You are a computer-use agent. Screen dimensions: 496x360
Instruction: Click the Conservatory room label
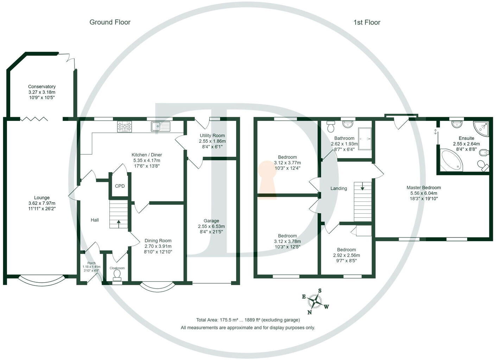(42, 86)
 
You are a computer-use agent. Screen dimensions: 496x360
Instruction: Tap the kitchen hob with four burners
(125, 126)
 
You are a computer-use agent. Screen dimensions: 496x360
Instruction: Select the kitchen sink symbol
(160, 126)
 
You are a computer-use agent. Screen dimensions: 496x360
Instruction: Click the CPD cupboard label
(120, 186)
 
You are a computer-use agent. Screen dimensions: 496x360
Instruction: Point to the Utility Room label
(212, 135)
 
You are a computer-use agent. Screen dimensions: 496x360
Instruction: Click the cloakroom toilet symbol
(117, 276)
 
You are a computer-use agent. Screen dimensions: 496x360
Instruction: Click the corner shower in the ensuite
(481, 127)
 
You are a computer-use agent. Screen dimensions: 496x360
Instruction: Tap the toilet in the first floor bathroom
(330, 126)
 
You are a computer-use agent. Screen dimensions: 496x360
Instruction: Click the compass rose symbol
(315, 301)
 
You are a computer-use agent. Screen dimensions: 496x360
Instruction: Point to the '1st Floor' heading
(367, 22)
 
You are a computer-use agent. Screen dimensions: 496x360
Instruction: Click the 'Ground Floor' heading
(110, 22)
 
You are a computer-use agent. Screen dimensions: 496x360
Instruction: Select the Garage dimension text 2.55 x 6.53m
(211, 226)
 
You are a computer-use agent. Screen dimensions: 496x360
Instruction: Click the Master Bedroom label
(424, 187)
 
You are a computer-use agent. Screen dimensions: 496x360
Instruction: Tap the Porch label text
(91, 263)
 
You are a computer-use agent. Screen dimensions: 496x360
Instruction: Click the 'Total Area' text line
(248, 320)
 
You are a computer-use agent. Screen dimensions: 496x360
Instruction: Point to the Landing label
(339, 188)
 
